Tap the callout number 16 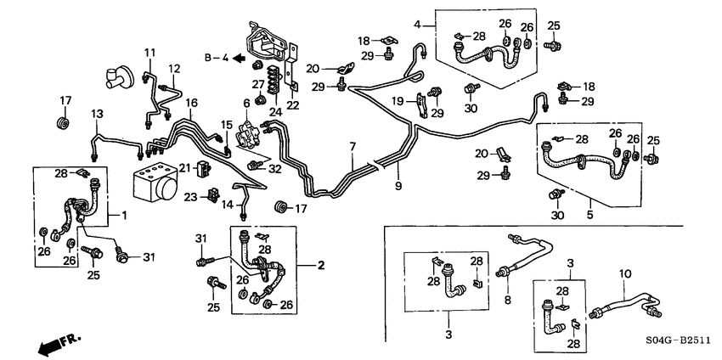click(x=192, y=103)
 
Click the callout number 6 click(x=246, y=103)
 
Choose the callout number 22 click(x=292, y=104)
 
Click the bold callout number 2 click(x=320, y=266)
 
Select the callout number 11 click(x=149, y=53)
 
